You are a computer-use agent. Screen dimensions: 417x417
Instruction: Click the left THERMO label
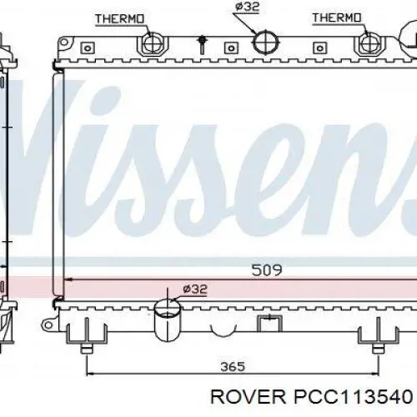(x=120, y=19)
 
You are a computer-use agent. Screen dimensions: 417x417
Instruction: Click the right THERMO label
(x=337, y=18)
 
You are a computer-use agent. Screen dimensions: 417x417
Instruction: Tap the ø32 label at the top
(x=247, y=7)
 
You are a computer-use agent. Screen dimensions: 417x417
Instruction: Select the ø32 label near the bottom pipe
(x=195, y=289)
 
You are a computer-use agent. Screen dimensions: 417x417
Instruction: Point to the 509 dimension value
(x=267, y=270)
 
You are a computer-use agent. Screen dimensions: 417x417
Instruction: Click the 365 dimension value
(x=233, y=367)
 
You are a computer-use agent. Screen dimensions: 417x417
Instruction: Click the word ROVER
(x=249, y=397)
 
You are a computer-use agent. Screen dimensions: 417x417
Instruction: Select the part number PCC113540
(x=353, y=397)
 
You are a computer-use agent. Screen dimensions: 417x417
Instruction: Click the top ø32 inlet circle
(x=266, y=43)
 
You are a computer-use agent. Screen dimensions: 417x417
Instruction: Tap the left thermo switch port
(x=152, y=44)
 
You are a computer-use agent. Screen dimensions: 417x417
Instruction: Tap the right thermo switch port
(x=369, y=44)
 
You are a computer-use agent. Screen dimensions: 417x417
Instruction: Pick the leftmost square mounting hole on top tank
(x=88, y=48)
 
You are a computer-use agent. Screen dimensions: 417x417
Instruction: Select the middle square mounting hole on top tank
(x=231, y=48)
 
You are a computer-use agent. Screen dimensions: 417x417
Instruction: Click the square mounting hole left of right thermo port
(x=319, y=48)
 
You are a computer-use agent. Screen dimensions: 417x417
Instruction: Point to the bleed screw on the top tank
(x=203, y=44)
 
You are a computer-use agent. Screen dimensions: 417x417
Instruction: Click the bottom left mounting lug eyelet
(x=48, y=324)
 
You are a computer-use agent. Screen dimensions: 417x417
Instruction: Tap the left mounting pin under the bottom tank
(x=87, y=348)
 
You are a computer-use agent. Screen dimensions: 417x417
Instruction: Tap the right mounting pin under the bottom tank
(x=378, y=348)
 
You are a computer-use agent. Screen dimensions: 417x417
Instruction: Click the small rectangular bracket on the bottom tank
(x=269, y=324)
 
